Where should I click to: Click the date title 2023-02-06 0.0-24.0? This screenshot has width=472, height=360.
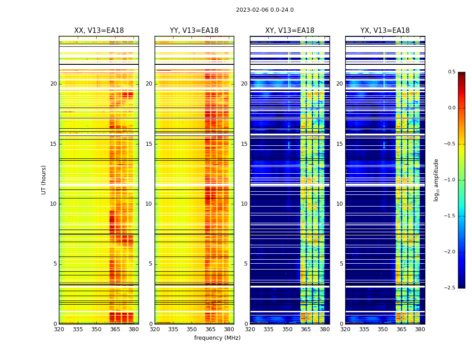(x=265, y=10)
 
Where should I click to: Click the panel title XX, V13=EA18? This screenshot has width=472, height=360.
(x=99, y=31)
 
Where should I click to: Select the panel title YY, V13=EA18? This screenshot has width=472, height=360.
(x=194, y=31)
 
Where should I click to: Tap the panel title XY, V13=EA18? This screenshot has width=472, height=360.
(x=289, y=31)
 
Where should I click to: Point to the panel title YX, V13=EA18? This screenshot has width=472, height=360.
(x=385, y=31)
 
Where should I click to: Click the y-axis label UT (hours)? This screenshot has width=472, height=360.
(x=44, y=180)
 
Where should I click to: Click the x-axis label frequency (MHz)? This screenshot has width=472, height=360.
(x=217, y=338)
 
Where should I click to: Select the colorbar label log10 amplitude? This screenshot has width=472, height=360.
(x=436, y=180)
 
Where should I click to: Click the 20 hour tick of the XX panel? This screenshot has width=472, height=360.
(x=53, y=84)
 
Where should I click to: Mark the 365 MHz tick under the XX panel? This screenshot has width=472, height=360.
(x=115, y=329)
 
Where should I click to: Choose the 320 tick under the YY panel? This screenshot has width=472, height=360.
(x=155, y=329)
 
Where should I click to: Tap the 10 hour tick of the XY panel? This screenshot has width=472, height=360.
(x=245, y=204)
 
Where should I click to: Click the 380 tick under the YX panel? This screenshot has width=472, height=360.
(x=420, y=329)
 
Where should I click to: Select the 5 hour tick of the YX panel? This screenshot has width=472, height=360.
(x=341, y=264)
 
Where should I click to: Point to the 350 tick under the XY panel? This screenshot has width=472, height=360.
(x=287, y=329)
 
